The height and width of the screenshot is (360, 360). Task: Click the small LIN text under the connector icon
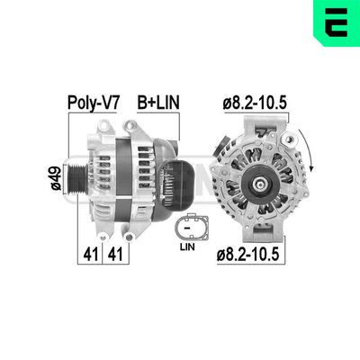point(187,245)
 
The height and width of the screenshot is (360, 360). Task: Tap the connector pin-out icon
point(187,224)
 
